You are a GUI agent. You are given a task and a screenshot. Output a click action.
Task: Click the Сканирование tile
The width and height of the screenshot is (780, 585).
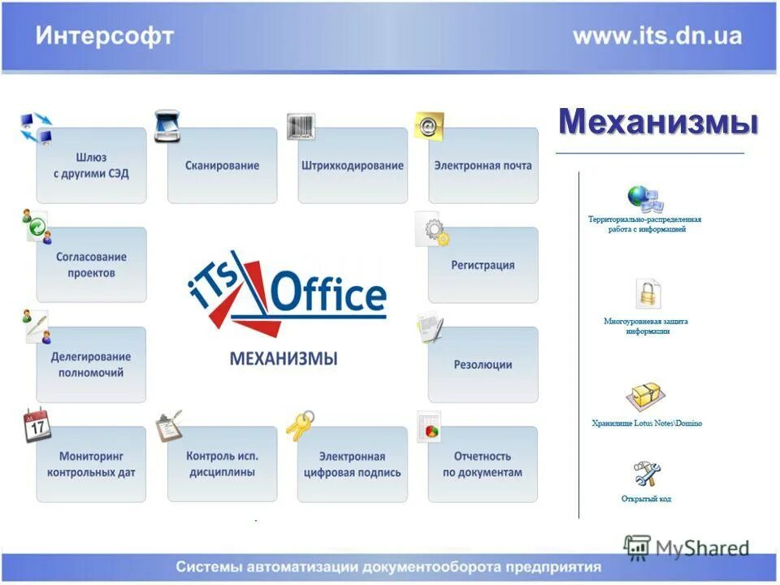[x=222, y=166]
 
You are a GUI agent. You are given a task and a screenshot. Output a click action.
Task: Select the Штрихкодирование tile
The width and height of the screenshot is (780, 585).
[x=352, y=166]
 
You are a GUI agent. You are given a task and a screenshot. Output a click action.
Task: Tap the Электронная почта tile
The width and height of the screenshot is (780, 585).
[x=483, y=166]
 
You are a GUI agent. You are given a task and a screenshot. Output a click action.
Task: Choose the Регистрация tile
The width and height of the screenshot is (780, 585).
[x=483, y=265]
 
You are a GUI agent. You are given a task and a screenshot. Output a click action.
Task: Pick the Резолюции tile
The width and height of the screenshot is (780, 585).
[x=483, y=365]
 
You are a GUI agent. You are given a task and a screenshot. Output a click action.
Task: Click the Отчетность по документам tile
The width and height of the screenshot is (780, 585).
[x=483, y=464]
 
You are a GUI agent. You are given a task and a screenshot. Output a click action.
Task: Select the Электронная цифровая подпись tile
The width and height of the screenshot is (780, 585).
[x=352, y=464]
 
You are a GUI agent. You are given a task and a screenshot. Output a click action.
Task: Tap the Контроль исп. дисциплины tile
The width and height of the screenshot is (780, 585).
[x=222, y=464]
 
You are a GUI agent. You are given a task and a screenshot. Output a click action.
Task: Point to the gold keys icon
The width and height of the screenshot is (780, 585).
[x=300, y=424]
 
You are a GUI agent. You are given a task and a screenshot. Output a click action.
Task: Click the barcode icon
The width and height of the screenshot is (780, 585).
[x=301, y=126]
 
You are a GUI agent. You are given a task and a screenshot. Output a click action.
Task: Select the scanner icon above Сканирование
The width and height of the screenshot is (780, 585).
[x=167, y=126]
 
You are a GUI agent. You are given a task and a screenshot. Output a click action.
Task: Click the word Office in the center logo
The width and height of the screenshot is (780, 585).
[x=328, y=294]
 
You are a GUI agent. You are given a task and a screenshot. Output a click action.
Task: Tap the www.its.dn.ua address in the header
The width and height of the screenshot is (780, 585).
[x=656, y=37]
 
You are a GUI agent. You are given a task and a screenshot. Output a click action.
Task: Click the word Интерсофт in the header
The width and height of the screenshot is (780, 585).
[x=104, y=37]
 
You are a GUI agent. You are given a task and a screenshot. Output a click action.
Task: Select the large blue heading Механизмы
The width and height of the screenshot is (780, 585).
[x=658, y=123]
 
